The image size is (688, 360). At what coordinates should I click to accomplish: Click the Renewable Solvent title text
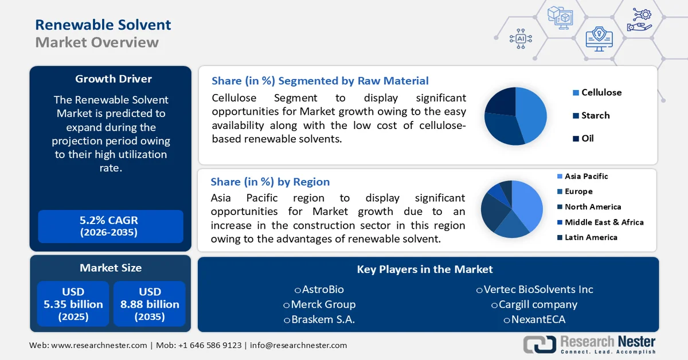[x=103, y=25]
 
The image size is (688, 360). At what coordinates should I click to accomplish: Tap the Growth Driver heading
[x=114, y=79]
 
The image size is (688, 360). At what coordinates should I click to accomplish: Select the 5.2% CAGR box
[x=111, y=226]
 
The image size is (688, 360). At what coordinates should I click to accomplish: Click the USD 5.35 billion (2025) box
[x=73, y=304]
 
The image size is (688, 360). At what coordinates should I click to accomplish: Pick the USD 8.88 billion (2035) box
[x=150, y=304]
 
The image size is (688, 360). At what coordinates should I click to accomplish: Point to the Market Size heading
[x=111, y=268]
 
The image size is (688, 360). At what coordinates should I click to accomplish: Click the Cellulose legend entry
[x=601, y=92]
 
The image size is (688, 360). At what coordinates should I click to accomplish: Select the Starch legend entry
[x=595, y=115]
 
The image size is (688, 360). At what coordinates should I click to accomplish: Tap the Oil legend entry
[x=587, y=138]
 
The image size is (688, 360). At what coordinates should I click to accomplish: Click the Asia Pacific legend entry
[x=586, y=177]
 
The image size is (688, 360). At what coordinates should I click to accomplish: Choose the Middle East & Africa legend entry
[x=604, y=222]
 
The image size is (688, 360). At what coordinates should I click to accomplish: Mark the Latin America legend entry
[x=591, y=237]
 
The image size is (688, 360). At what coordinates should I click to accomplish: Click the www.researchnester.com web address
[x=99, y=345]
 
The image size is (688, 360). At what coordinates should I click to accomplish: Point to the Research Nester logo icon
[x=539, y=344]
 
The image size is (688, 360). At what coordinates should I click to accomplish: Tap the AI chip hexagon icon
[x=521, y=38]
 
